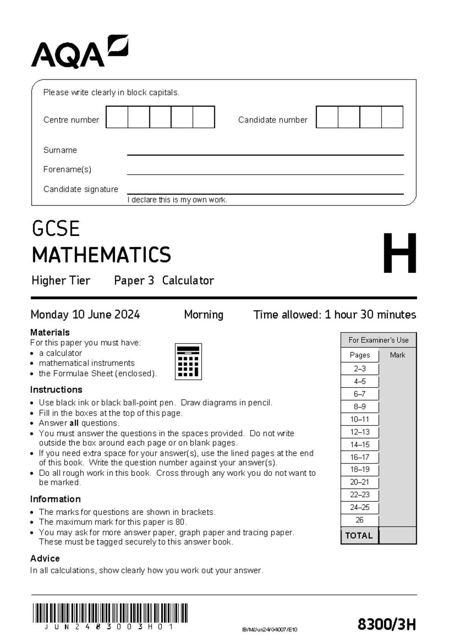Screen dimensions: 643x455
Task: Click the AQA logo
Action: click(80, 52)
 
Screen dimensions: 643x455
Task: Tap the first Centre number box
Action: click(117, 117)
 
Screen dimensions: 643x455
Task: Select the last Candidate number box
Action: click(392, 117)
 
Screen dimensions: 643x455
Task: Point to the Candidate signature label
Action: click(81, 189)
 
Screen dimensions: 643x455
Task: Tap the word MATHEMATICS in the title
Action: click(102, 254)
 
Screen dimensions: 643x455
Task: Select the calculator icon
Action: click(188, 361)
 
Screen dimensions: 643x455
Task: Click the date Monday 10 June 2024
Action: click(85, 315)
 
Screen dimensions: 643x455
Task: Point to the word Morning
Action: click(204, 315)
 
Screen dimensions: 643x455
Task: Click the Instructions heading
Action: click(56, 390)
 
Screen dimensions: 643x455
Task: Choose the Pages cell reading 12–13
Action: click(359, 432)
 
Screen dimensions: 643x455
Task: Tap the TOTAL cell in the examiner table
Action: click(359, 536)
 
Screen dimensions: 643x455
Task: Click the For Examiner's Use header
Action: click(378, 340)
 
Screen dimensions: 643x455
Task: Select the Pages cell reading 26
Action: click(359, 520)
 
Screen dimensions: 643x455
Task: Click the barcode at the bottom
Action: click(110, 613)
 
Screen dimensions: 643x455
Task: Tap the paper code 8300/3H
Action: click(387, 624)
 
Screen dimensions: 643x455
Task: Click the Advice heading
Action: click(45, 558)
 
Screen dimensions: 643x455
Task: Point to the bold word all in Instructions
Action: click(74, 423)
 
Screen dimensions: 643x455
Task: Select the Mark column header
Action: click(397, 355)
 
